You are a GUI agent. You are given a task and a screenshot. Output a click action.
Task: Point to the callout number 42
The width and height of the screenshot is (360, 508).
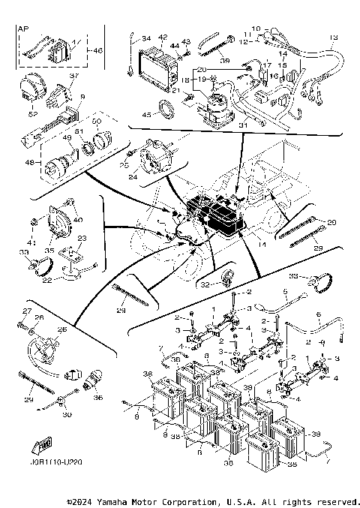163,37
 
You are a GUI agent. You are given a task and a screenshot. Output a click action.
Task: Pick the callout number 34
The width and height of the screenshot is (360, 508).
145,38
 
